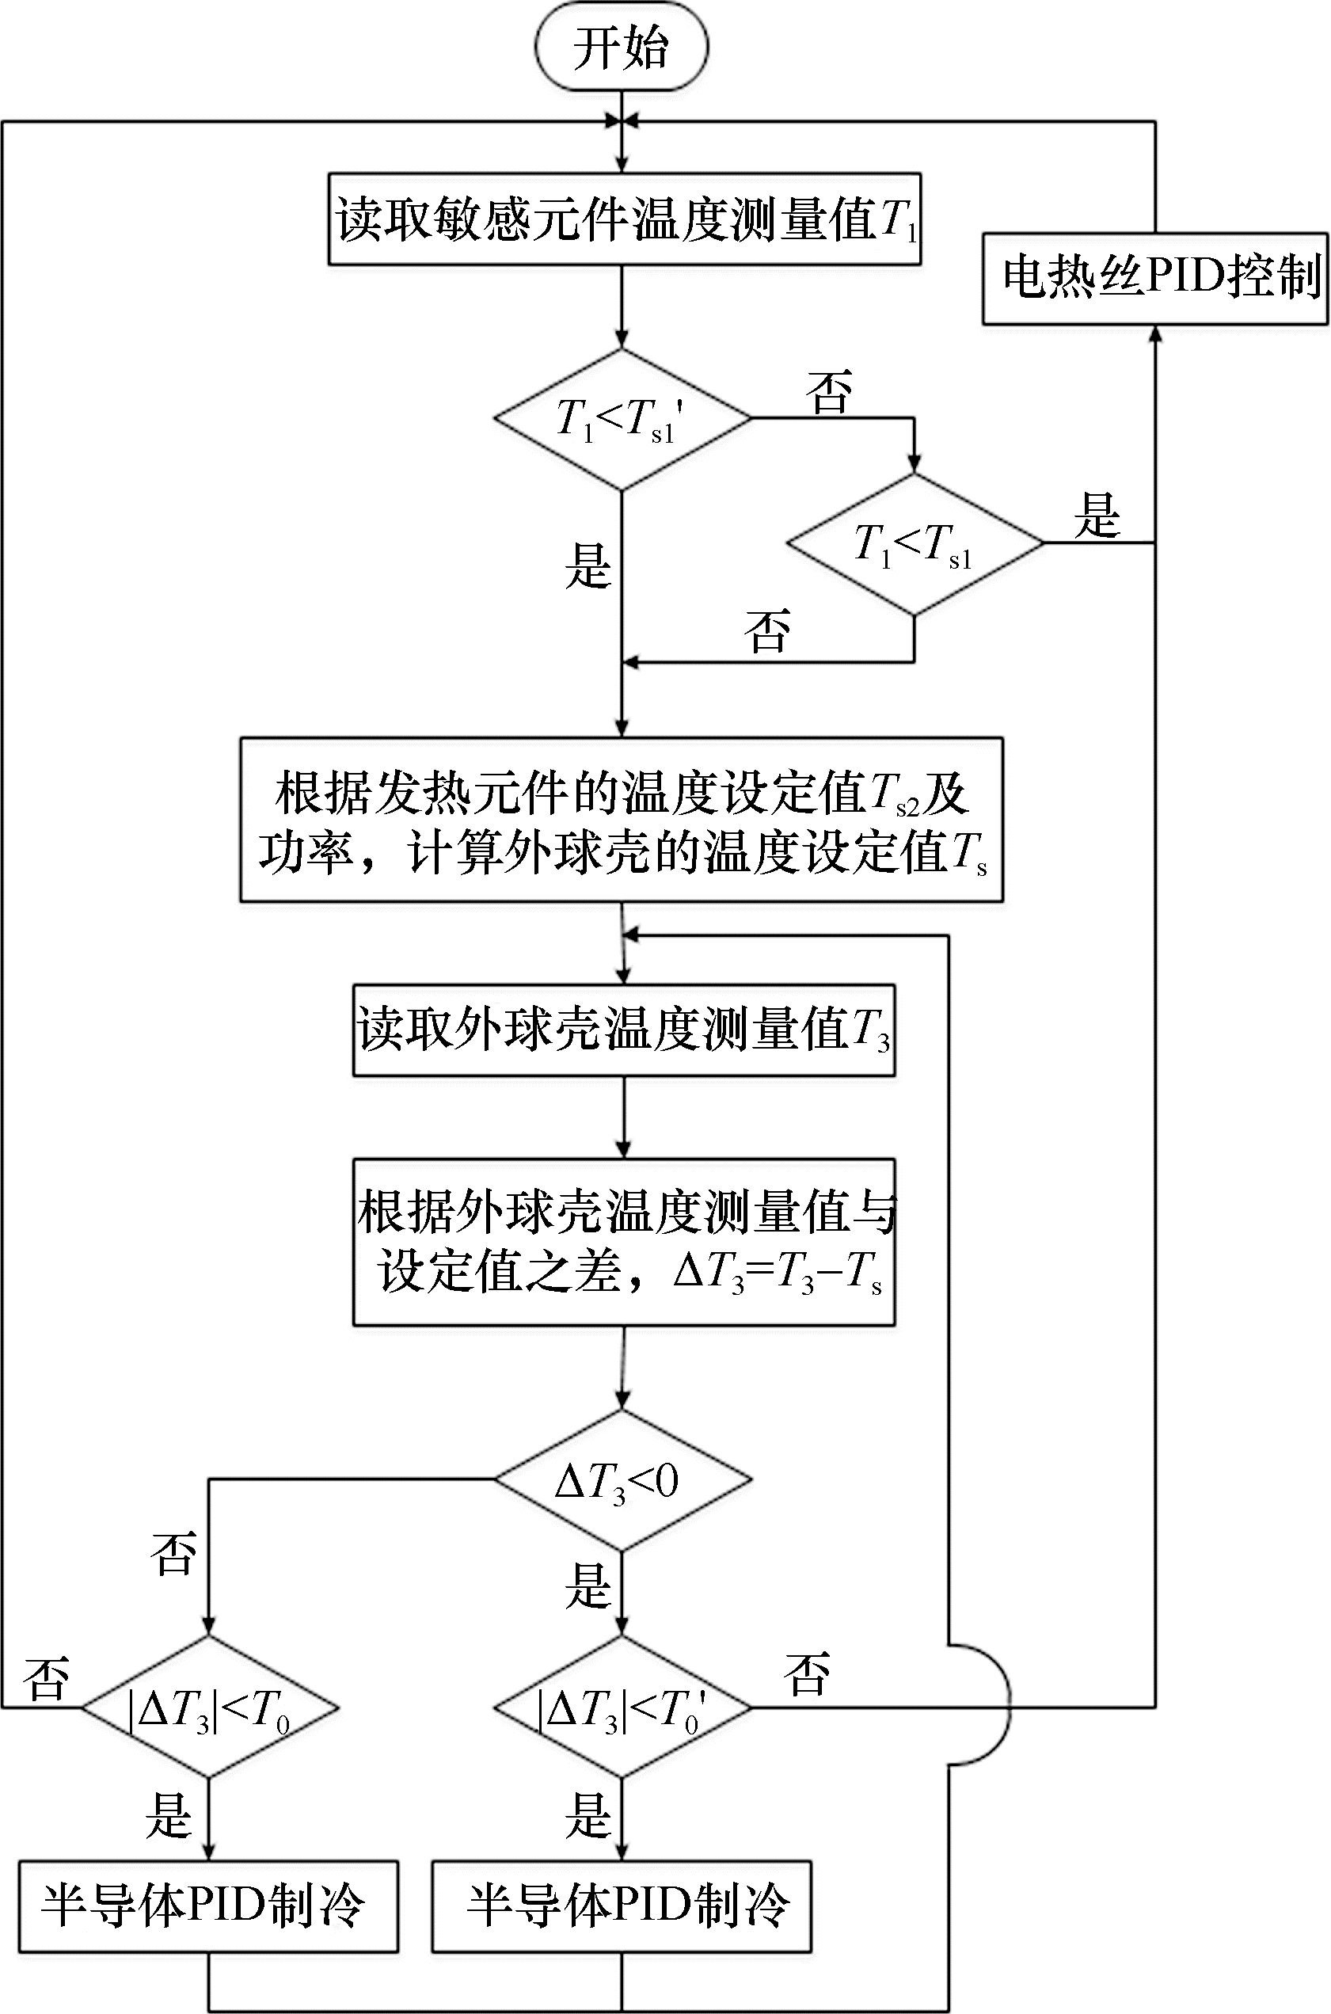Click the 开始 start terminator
coord(622,47)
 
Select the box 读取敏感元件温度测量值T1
coord(625,220)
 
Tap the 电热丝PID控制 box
coord(1155,279)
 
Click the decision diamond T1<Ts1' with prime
coord(622,420)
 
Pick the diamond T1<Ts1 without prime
coord(915,544)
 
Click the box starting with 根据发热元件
coord(622,820)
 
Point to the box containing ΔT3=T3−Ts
coord(624,1242)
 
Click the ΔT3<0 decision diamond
coord(622,1481)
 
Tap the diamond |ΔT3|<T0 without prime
coord(210,1707)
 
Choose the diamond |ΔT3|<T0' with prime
coord(622,1707)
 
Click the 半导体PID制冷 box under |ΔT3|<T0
coord(209,1907)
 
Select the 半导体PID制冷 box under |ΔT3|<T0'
coord(622,1907)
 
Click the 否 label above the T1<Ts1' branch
coord(828,392)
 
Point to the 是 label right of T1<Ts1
coord(1097,516)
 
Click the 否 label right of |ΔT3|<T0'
coord(806,1674)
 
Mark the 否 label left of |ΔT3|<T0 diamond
coord(47,1677)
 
